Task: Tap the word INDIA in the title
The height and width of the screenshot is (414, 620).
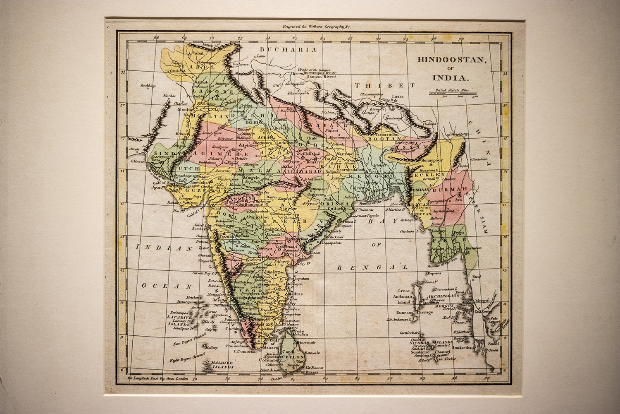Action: (x=450, y=77)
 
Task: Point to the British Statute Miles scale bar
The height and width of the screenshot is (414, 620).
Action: (x=453, y=94)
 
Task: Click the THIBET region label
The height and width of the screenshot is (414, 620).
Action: (x=384, y=85)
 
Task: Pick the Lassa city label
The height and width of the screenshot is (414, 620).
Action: (x=397, y=96)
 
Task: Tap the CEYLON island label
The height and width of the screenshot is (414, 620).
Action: (x=293, y=356)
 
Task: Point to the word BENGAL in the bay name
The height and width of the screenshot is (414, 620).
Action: (x=372, y=267)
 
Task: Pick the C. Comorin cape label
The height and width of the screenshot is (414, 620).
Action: (x=244, y=351)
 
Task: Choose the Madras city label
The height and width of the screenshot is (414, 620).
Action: (x=295, y=294)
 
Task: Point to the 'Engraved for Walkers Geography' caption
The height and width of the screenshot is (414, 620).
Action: (x=316, y=26)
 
